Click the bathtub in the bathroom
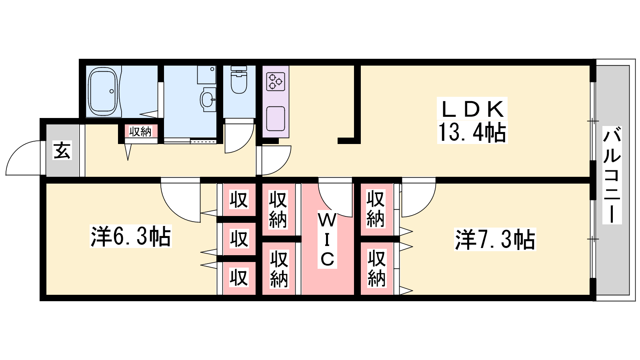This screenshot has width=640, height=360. [x=103, y=92]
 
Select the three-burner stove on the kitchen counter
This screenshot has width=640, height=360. [x=276, y=82]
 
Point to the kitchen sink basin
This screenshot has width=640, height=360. [x=276, y=119]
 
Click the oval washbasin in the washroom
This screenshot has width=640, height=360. [x=208, y=100]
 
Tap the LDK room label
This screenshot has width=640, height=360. [x=472, y=109]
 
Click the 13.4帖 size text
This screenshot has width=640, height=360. [x=472, y=132]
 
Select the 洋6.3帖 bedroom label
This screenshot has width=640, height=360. [x=130, y=236]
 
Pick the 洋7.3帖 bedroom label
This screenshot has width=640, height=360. [x=495, y=240]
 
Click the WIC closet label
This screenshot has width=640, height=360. [x=327, y=240]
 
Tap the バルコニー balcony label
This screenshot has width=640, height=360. [x=612, y=175]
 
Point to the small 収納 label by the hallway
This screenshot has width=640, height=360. [x=140, y=132]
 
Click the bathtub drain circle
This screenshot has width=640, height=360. [x=112, y=92]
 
